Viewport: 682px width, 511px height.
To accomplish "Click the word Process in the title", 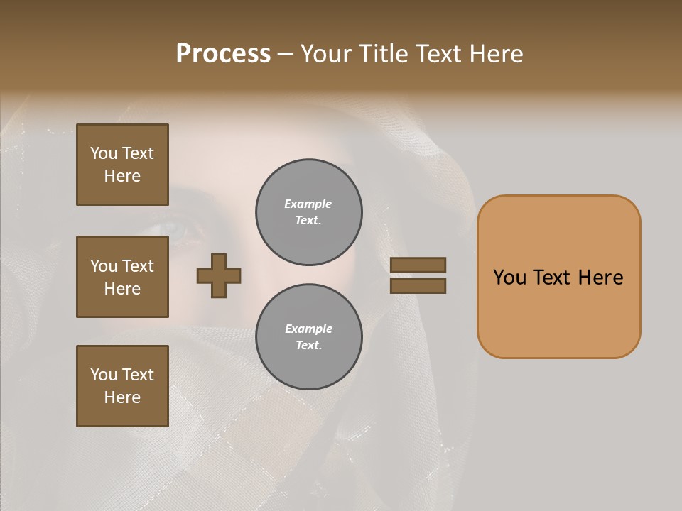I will pos(223,54).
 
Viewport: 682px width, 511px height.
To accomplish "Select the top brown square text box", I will pos(122,165).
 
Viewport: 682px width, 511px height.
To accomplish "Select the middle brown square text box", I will pos(122,277).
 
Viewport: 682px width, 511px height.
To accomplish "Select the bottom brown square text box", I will pos(122,386).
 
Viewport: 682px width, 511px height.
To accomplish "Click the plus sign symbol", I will pos(219,275).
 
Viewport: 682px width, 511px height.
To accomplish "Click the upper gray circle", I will pos(309,212).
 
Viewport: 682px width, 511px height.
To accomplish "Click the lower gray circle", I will pos(309,337).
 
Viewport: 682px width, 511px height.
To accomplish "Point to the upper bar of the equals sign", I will pos(418,265).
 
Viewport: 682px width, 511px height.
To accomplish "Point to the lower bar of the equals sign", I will pos(418,285).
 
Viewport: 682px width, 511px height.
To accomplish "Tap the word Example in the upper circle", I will pos(308,204).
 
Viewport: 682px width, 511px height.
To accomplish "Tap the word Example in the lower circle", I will pos(308,329).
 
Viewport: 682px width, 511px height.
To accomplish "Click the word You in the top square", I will pos(104,153).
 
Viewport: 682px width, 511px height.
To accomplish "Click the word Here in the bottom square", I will pos(122,397).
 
